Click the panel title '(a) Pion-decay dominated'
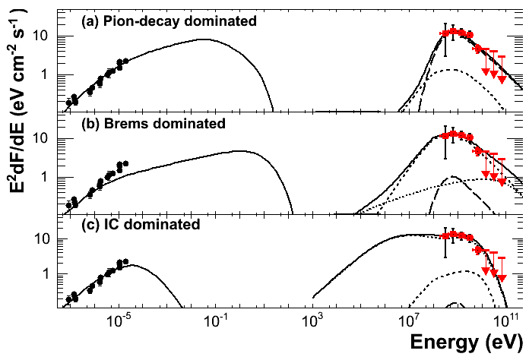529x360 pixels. pyautogui.click(x=169, y=21)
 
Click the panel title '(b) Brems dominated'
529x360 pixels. pyautogui.click(x=154, y=122)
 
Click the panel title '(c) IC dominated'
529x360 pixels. pyautogui.click(x=141, y=224)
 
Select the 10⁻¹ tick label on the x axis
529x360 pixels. pyautogui.click(x=216, y=321)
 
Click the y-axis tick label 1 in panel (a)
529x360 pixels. pyautogui.click(x=48, y=74)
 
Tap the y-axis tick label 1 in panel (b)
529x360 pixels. pyautogui.click(x=48, y=177)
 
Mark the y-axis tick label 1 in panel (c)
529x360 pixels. pyautogui.click(x=48, y=273)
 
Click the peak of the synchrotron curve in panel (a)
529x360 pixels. pyautogui.click(x=204, y=39)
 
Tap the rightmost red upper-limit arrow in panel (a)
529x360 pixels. pyautogui.click(x=502, y=80)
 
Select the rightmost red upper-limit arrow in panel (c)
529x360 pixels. pyautogui.click(x=502, y=279)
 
